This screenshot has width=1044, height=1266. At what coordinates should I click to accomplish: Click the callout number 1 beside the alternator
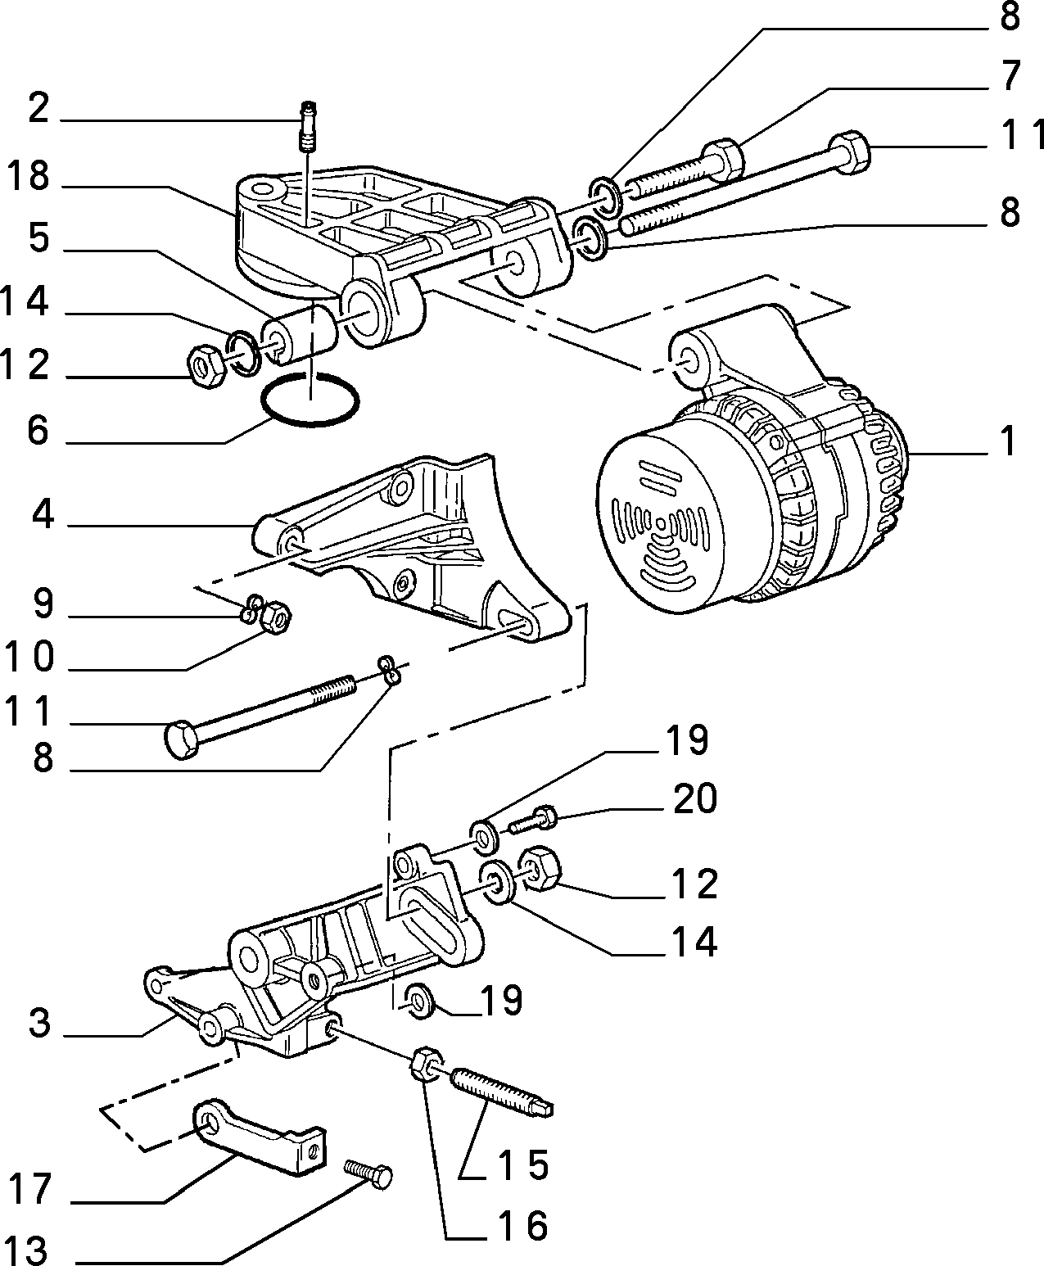(1008, 441)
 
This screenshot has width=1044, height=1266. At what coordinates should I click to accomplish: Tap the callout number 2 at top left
(38, 109)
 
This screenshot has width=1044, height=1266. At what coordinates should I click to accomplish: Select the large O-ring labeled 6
(310, 399)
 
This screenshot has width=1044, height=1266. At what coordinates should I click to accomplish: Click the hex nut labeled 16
(427, 1064)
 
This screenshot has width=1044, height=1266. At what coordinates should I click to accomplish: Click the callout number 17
(30, 1190)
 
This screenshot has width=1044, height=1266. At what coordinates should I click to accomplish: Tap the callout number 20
(695, 798)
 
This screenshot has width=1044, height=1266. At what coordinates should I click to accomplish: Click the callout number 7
(1009, 76)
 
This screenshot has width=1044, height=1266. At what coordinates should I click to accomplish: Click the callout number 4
(43, 515)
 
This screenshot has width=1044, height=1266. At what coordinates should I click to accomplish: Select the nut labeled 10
(275, 617)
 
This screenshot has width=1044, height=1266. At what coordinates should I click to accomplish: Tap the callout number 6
(38, 431)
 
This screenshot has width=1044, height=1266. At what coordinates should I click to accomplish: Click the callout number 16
(522, 1225)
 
